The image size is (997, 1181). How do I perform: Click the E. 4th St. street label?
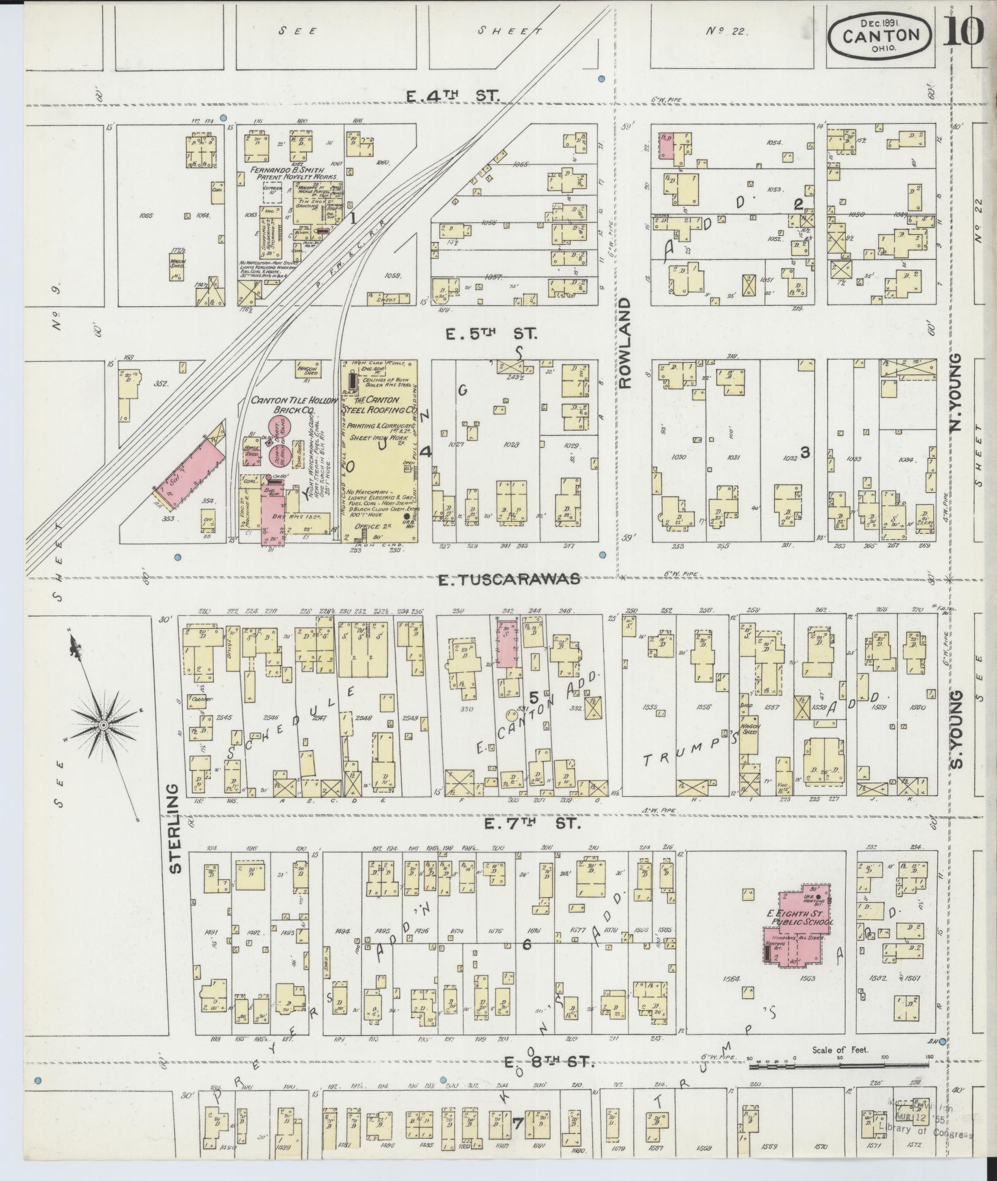(x=453, y=95)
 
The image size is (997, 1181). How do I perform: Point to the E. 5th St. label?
(x=490, y=334)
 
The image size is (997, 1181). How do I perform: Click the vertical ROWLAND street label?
(x=624, y=343)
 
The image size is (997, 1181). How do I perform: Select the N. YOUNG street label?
(x=956, y=392)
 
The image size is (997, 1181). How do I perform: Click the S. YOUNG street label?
(x=957, y=729)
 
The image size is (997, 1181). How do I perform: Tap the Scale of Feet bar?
(x=839, y=1066)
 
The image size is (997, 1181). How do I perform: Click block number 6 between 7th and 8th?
(x=525, y=962)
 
